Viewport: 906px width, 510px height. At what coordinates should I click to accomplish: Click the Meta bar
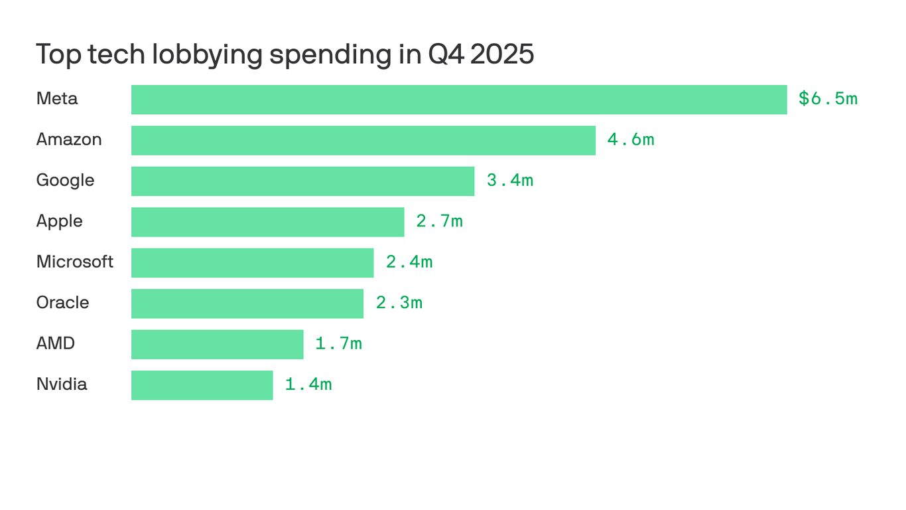(x=459, y=100)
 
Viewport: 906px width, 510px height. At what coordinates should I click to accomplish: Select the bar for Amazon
(x=363, y=140)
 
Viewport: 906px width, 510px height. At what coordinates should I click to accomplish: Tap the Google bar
(x=302, y=181)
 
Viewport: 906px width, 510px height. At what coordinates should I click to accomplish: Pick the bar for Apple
(x=267, y=222)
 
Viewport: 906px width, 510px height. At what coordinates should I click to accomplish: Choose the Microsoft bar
(x=252, y=263)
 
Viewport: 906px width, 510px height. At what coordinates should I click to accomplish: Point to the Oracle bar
(x=247, y=303)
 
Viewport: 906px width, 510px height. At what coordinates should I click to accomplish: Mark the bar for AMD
(x=217, y=345)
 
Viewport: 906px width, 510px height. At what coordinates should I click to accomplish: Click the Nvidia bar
(x=202, y=385)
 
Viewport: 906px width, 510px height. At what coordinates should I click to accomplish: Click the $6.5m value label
(x=828, y=99)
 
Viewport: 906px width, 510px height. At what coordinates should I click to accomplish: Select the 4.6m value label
(x=631, y=139)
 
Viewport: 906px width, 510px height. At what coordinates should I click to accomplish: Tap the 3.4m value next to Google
(x=510, y=181)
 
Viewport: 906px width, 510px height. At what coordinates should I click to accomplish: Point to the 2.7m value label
(x=439, y=221)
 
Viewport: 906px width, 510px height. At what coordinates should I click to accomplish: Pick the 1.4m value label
(x=308, y=384)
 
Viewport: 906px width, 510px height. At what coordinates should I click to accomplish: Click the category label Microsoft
(x=74, y=262)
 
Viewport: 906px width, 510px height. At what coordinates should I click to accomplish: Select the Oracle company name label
(x=62, y=303)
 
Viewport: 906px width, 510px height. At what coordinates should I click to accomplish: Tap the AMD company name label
(x=56, y=343)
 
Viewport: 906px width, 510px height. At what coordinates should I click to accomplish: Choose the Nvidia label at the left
(x=62, y=384)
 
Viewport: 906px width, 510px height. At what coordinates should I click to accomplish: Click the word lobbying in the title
(x=207, y=55)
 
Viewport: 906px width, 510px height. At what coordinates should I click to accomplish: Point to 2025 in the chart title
(x=502, y=54)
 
